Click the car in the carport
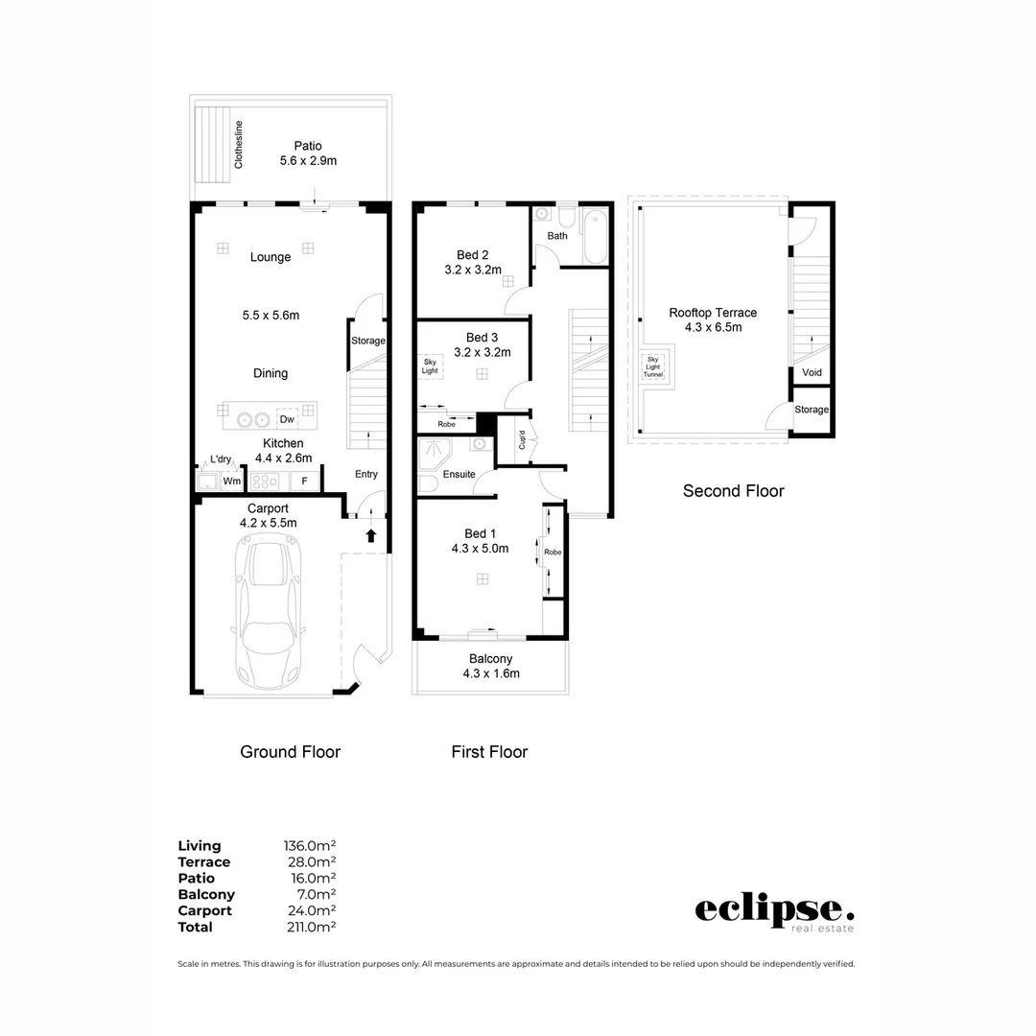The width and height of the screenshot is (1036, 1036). (269, 611)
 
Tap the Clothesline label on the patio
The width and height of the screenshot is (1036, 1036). (239, 145)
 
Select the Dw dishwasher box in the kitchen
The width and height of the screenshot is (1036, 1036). (287, 419)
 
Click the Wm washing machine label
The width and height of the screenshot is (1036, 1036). (231, 481)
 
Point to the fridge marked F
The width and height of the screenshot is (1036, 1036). (305, 481)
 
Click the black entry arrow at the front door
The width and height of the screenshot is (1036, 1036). (371, 535)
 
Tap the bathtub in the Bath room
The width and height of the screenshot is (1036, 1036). (596, 236)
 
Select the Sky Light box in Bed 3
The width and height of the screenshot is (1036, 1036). (430, 366)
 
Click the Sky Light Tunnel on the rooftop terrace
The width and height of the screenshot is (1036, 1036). (653, 367)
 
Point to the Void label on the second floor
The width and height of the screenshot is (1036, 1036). (812, 372)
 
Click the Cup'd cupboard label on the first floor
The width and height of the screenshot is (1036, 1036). (522, 440)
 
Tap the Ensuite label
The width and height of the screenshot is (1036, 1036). (459, 475)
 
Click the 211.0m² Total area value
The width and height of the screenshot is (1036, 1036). (311, 927)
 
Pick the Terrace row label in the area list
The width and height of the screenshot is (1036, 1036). (204, 862)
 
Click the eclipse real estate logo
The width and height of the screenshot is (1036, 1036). (774, 914)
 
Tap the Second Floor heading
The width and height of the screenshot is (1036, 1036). (734, 491)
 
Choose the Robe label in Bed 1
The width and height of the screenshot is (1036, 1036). (553, 553)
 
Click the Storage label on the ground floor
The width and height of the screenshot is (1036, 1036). (368, 341)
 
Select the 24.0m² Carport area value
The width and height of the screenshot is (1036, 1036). (312, 910)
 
